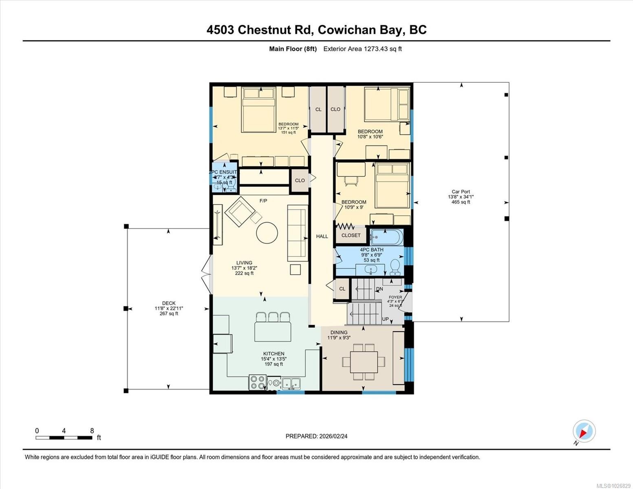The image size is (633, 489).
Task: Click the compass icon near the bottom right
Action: point(584,431)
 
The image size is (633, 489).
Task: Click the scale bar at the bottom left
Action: point(64,438)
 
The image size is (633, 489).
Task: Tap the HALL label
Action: point(322,236)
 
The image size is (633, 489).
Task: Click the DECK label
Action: point(169,303)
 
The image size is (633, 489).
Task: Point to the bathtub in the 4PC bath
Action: point(387,237)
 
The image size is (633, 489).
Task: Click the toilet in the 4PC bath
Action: point(395,267)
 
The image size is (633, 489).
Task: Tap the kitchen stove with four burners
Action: point(258,382)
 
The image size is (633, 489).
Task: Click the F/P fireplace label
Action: point(263,201)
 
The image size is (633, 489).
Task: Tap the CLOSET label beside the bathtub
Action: point(351,236)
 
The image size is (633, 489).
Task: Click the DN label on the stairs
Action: point(379,289)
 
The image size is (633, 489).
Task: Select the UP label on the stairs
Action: point(385,319)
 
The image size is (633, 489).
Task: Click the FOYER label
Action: point(395,297)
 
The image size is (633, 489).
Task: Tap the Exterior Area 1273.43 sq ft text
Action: point(362,49)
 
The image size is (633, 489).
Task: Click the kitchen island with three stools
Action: point(273,331)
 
